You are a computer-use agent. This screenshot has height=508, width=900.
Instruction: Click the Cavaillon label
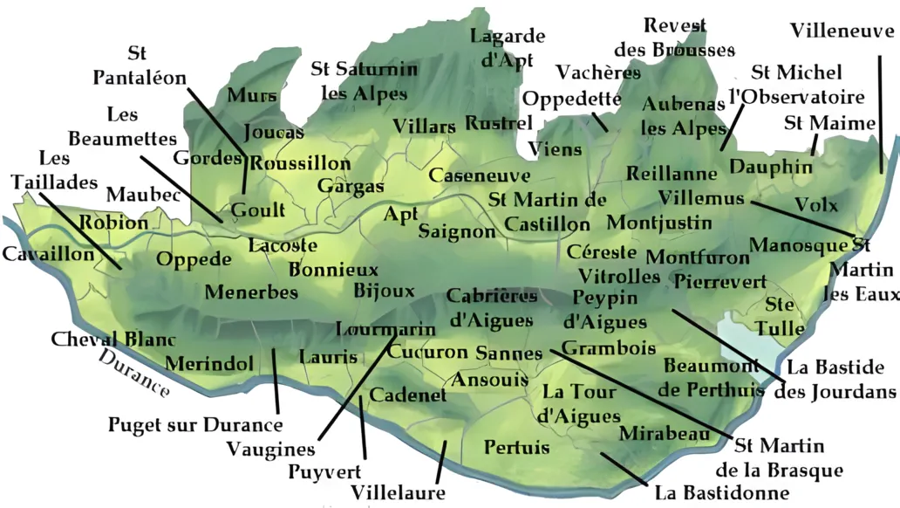coord(47,254)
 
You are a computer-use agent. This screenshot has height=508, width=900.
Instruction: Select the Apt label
coord(401,214)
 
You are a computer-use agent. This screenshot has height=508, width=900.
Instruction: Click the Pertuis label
coord(516,447)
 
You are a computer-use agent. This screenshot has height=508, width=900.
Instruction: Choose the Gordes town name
coord(208,158)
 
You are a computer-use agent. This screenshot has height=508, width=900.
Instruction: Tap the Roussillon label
coord(301,163)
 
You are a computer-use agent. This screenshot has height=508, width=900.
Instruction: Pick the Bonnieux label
coord(333,270)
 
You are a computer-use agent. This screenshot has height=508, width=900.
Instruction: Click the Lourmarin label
coord(385,330)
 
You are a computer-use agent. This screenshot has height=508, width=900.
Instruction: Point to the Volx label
coord(816,205)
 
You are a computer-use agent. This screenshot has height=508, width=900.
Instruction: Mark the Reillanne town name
coord(672,174)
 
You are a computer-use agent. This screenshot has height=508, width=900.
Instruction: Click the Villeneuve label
coord(842,31)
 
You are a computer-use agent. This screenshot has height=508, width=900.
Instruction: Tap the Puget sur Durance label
coord(195,425)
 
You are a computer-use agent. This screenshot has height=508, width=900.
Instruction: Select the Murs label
coord(252,95)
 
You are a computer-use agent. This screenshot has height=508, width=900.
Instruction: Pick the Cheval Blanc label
coord(113,339)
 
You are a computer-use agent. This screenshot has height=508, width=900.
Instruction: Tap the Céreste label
coord(601,251)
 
